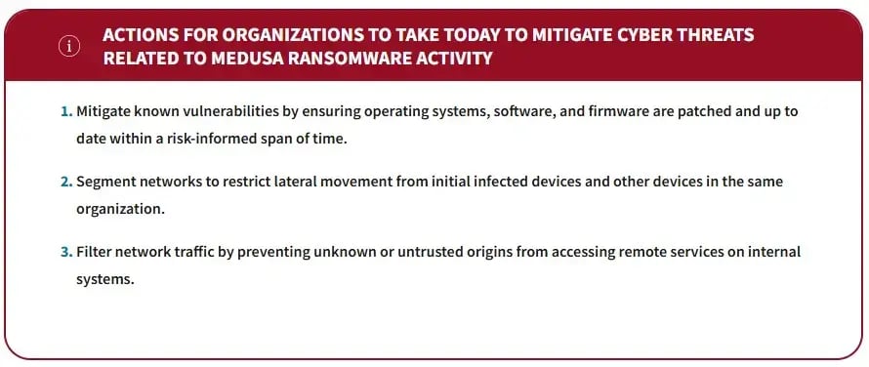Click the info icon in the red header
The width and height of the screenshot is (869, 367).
point(69,46)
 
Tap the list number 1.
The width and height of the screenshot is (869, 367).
point(65,111)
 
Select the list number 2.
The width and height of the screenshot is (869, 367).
point(65,182)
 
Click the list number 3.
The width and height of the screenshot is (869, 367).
point(65,252)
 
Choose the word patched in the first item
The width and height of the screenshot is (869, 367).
point(688,111)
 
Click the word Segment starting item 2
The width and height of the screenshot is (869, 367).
point(103,182)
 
